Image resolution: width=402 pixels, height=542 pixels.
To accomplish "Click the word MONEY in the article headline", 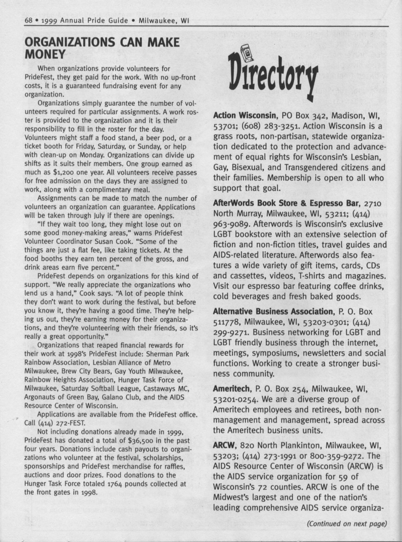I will point(45,54).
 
